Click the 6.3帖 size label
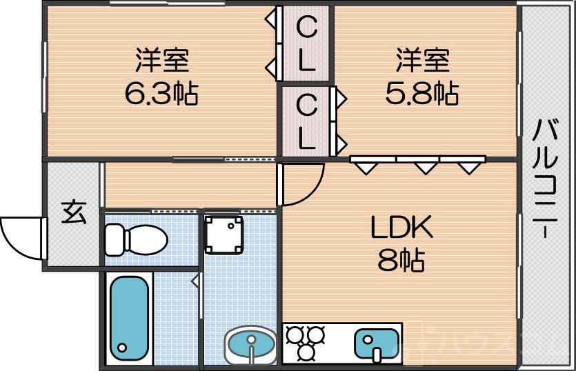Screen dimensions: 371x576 [161, 93]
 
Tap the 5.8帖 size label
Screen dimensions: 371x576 [421, 93]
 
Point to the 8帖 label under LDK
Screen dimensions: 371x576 [401, 260]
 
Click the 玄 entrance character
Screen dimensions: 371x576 [73, 212]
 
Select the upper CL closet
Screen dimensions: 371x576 [306, 45]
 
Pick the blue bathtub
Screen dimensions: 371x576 [130, 316]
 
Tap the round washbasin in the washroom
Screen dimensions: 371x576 [250, 343]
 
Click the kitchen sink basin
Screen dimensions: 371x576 [376, 343]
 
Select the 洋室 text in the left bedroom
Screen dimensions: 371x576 [161, 60]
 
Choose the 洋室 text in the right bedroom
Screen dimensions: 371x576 [422, 60]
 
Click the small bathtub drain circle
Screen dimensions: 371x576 [123, 347]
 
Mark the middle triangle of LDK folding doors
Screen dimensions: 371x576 [426, 166]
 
